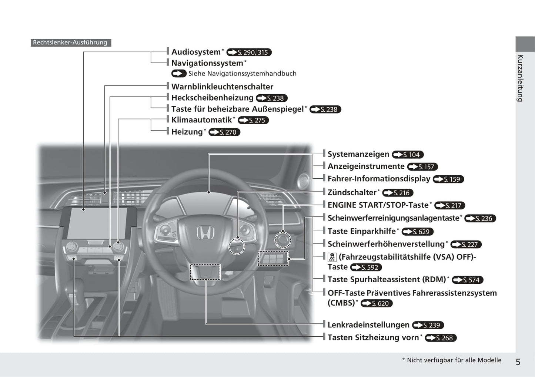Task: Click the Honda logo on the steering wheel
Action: pyautogui.click(x=205, y=233)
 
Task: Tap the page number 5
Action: pyautogui.click(x=518, y=362)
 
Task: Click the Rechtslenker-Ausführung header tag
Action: pyautogui.click(x=70, y=43)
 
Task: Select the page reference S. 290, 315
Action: pyautogui.click(x=249, y=53)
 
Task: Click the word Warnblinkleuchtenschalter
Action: pyautogui.click(x=222, y=87)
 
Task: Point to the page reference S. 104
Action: pyautogui.click(x=408, y=155)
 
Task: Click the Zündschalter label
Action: pyautogui.click(x=352, y=192)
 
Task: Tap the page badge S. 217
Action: pyautogui.click(x=449, y=205)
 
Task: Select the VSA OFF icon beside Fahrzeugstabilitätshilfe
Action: pyautogui.click(x=332, y=257)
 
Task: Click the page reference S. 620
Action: pyautogui.click(x=377, y=303)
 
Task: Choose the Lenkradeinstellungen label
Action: pyautogui.click(x=368, y=325)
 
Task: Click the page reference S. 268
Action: pyautogui.click(x=441, y=338)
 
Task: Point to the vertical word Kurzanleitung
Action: pyautogui.click(x=521, y=78)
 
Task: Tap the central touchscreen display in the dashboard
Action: pyautogui.click(x=97, y=223)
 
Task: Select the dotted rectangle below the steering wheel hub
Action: pyautogui.click(x=205, y=272)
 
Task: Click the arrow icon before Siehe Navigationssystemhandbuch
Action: pyautogui.click(x=179, y=74)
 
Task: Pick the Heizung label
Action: pyautogui.click(x=187, y=132)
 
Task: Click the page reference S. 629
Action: pyautogui.click(x=417, y=232)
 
